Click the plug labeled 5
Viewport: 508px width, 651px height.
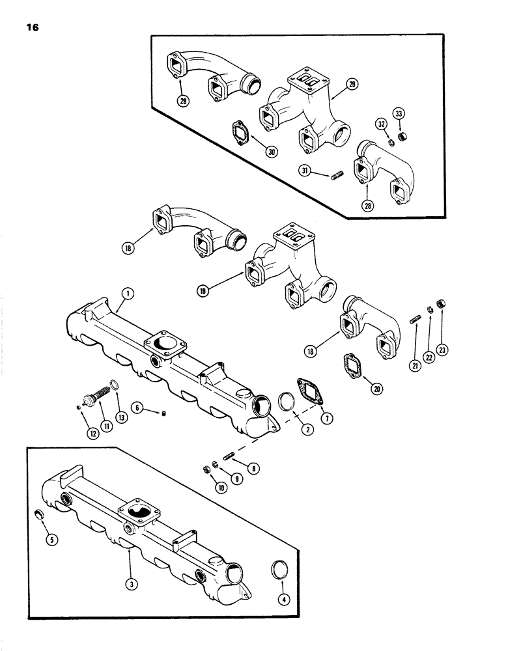pyautogui.click(x=40, y=516)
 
